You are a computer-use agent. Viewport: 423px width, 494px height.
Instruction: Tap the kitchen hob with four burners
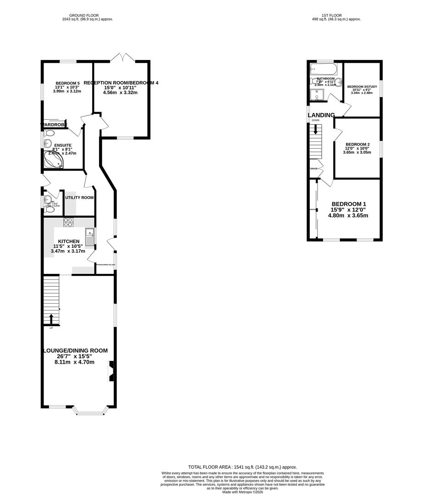click(x=68, y=222)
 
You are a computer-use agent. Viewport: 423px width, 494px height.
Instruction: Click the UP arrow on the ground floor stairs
click(x=51, y=318)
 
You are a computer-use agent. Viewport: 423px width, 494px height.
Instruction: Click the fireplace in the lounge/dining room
click(x=111, y=371)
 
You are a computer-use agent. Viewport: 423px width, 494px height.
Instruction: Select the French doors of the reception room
click(x=122, y=58)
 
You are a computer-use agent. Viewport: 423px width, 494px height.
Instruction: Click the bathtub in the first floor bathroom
click(x=324, y=70)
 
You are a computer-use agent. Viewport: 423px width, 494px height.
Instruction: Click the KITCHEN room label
click(x=69, y=242)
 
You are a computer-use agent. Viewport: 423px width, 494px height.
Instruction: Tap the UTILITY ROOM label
click(x=79, y=198)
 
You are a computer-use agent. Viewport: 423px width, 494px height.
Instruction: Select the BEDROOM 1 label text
click(x=349, y=204)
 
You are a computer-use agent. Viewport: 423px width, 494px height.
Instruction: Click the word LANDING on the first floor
click(x=321, y=115)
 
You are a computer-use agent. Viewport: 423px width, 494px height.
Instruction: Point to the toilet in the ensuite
click(x=49, y=134)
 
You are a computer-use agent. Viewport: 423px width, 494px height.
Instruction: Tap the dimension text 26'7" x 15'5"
click(x=74, y=356)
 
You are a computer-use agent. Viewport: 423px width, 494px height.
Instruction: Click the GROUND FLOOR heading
click(x=88, y=15)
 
